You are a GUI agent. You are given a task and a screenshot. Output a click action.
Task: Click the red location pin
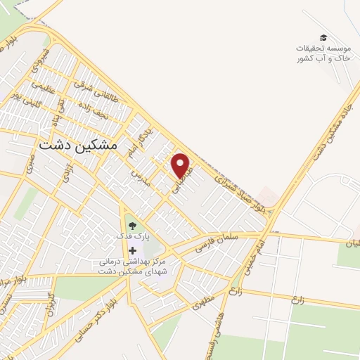tap(181, 165)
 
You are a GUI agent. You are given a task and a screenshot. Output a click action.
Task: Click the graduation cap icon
tap(323, 38)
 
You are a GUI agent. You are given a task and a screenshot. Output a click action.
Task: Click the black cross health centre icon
tap(132, 250)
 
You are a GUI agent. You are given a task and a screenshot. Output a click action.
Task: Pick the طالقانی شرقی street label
tap(92, 89)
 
